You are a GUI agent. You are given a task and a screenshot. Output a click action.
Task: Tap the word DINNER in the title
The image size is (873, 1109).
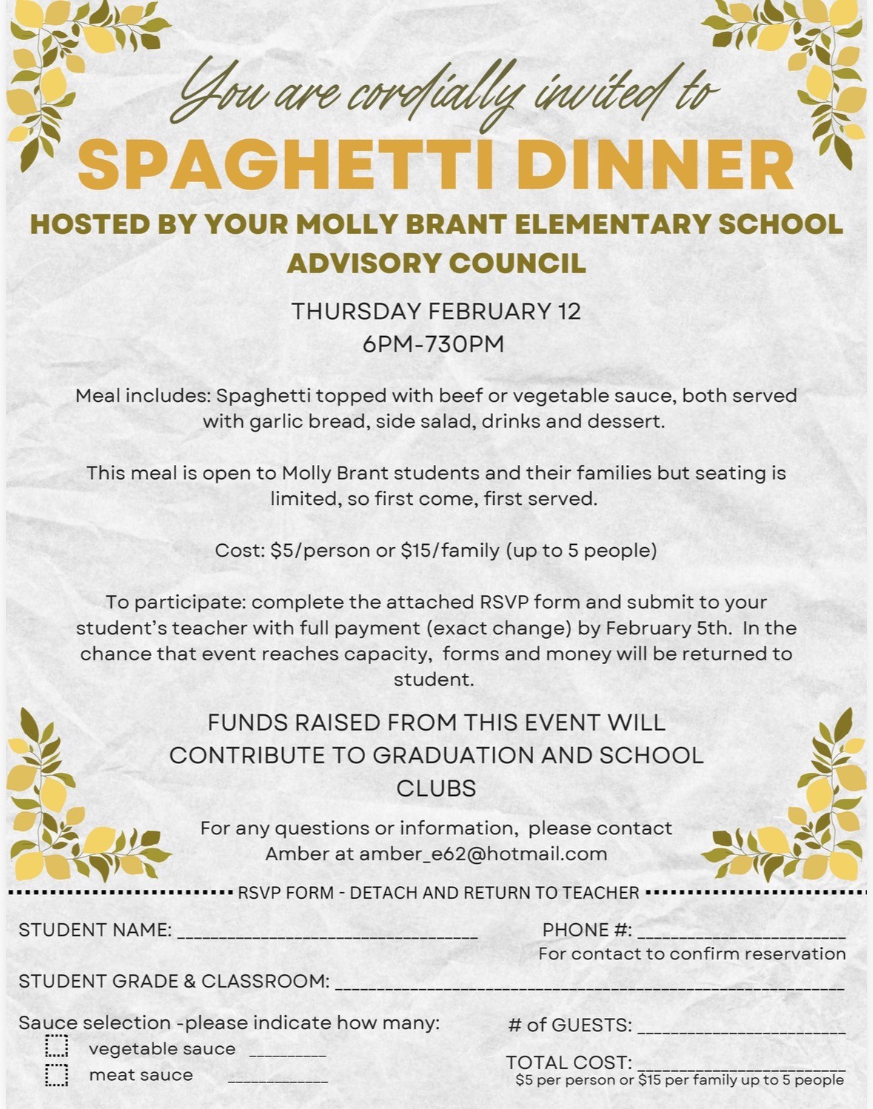(655, 165)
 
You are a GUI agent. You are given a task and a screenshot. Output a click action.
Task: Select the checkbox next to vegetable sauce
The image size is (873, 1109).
(56, 1047)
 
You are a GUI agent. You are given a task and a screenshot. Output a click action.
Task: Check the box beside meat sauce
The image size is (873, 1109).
(56, 1074)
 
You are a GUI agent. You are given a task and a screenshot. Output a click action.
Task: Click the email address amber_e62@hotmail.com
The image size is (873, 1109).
(483, 854)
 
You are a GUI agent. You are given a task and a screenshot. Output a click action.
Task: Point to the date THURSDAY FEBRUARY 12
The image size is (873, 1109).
(436, 312)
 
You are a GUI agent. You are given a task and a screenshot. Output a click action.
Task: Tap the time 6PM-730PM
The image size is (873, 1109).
(433, 344)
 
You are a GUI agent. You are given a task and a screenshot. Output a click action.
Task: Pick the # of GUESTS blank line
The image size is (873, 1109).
(740, 1030)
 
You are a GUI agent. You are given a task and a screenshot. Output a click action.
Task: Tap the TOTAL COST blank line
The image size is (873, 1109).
(740, 1067)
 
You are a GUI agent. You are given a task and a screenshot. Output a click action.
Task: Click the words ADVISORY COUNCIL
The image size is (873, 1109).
(436, 264)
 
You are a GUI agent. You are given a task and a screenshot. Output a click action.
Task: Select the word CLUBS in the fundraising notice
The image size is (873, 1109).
(436, 788)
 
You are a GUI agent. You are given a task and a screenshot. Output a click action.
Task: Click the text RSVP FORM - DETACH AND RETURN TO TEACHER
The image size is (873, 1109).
(438, 893)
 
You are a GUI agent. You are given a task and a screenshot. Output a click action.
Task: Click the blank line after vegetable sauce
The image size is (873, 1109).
(287, 1053)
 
